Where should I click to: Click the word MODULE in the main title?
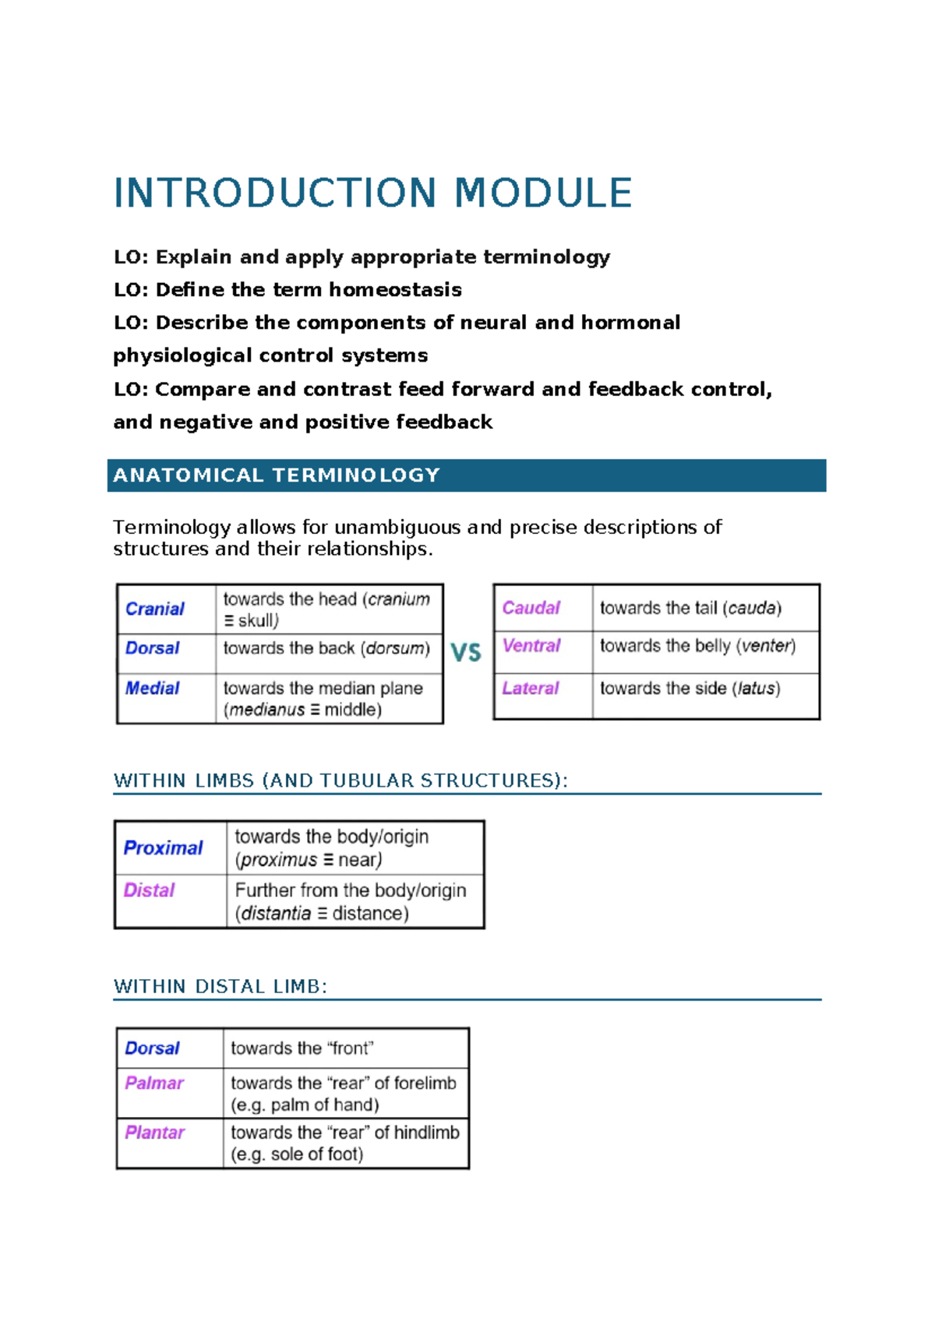[543, 193]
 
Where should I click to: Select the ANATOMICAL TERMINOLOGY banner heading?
[277, 475]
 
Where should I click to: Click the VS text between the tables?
[466, 652]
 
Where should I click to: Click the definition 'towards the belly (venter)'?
[697, 645]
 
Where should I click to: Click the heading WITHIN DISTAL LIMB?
[220, 987]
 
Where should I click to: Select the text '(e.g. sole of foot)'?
[297, 1154]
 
